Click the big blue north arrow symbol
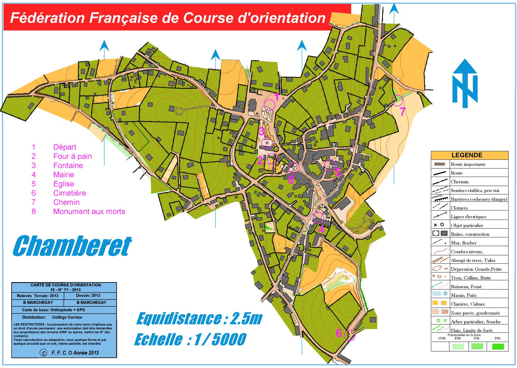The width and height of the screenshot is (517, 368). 465,83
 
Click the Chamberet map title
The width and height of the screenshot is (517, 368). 72,246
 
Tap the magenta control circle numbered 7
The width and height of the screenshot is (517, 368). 397,100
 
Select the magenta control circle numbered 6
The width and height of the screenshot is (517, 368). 350,335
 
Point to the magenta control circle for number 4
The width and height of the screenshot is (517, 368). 318,218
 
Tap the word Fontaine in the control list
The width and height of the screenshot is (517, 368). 68,166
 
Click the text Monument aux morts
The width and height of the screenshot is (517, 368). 89,212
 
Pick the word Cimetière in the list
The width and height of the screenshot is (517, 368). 70,193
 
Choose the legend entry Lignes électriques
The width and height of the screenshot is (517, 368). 468,217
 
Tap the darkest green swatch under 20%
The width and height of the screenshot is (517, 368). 498,347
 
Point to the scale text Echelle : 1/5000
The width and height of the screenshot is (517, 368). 190,339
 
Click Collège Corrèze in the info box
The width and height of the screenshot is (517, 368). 67,317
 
